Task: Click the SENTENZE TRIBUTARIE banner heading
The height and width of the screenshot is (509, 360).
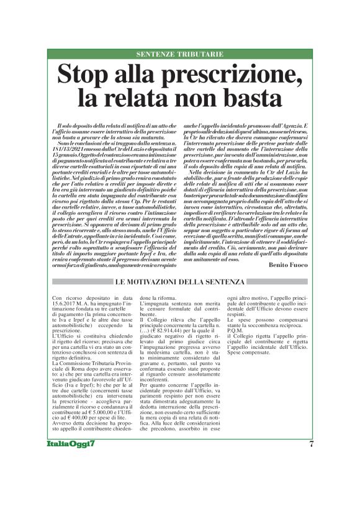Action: tap(179, 55)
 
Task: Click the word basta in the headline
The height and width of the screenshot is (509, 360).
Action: tap(251, 97)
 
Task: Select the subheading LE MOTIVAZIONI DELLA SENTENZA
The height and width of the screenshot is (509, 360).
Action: tap(180, 284)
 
